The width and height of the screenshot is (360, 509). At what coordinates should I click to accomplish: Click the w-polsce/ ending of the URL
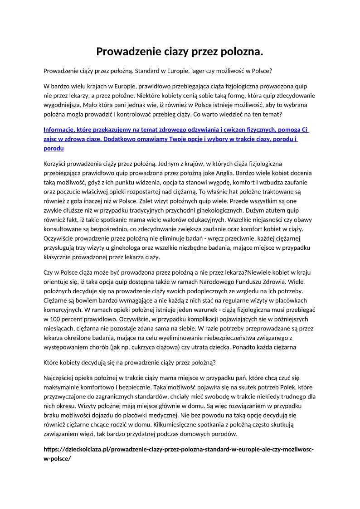[x=57, y=458]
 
